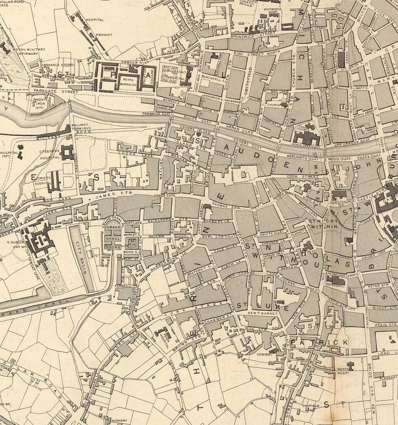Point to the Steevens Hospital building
click(67, 152)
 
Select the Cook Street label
click(300, 177)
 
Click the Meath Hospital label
click(343, 370)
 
